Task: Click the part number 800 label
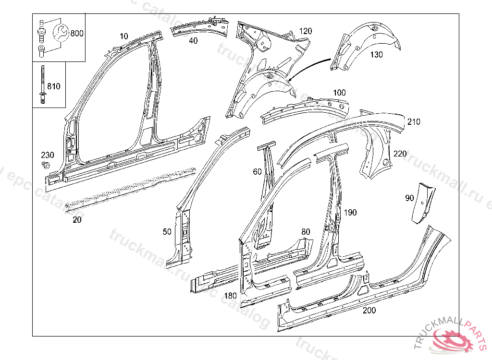76,33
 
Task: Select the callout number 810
54,86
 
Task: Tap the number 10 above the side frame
124,36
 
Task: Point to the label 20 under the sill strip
77,220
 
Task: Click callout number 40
193,41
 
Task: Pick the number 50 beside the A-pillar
167,232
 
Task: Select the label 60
257,171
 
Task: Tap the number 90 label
409,198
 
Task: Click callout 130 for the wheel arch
377,55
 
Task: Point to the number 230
47,155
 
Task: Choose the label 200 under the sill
369,311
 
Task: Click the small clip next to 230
46,165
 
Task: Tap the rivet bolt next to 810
42,84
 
